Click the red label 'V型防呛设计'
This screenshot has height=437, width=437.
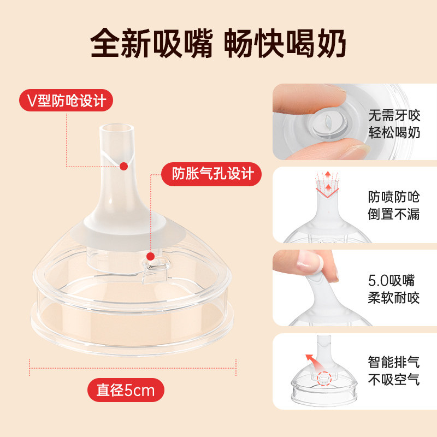coord(66,101)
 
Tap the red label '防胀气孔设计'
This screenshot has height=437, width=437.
coord(211,174)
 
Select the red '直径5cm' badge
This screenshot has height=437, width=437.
coord(126,390)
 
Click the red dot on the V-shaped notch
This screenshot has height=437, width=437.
coord(124,167)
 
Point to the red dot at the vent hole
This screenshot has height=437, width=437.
coord(151,256)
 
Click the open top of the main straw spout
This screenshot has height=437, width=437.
coord(117,129)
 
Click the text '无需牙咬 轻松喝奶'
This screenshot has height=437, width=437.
coord(394,124)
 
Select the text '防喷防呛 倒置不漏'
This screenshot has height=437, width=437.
coord(393,205)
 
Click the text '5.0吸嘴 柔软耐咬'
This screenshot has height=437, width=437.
coord(393,289)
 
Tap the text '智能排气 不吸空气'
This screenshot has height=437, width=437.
coord(393,371)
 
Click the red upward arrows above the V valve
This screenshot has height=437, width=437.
coord(328,181)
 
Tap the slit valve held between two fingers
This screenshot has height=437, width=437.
coord(328,121)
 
